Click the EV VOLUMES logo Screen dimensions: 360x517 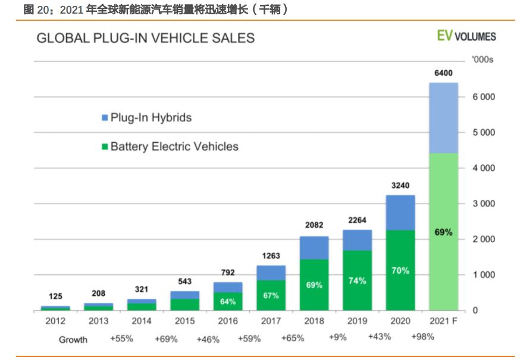point(466,36)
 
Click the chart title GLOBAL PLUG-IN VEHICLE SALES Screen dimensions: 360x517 point(146,38)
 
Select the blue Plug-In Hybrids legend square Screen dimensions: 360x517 point(104,118)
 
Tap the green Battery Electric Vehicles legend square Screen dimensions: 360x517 point(104,146)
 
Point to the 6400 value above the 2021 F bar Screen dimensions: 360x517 point(443,73)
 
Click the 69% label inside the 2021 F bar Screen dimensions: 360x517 point(443,232)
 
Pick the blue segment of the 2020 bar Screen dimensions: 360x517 point(400,212)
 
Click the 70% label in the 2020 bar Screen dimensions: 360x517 point(400,270)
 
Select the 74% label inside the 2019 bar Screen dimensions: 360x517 point(357,280)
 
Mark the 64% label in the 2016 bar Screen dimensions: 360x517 point(228,302)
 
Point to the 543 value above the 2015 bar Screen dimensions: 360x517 point(185,281)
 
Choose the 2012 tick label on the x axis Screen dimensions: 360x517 point(55,321)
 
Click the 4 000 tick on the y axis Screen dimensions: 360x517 point(484,168)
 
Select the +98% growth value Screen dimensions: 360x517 point(422,337)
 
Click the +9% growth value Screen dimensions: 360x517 point(338,337)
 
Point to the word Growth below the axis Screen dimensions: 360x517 point(73,340)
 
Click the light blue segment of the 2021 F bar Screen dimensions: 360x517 point(443,118)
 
